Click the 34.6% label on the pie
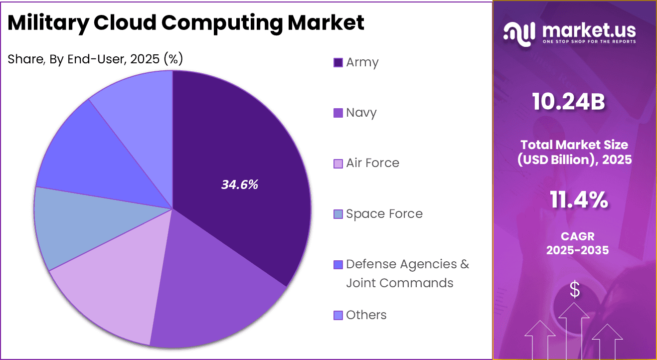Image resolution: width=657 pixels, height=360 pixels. click(x=240, y=184)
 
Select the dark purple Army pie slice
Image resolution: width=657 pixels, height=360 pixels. click(x=239, y=150)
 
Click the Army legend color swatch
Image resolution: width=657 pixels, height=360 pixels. click(x=338, y=63)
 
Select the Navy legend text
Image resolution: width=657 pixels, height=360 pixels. click(x=361, y=113)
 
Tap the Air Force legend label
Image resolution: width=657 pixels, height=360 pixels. click(x=372, y=163)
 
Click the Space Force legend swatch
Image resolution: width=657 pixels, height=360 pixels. click(x=338, y=214)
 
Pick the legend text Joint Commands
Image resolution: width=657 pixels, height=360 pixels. click(x=400, y=283)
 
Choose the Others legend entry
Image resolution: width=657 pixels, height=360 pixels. click(x=366, y=315)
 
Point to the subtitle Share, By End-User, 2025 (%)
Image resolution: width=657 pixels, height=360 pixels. click(x=95, y=59)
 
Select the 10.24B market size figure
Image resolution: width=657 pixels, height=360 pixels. click(x=568, y=102)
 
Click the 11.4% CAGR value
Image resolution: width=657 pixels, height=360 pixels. click(x=579, y=200)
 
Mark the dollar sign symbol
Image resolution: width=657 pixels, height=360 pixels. click(x=575, y=290)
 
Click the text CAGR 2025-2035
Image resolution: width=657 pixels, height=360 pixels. click(x=577, y=243)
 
